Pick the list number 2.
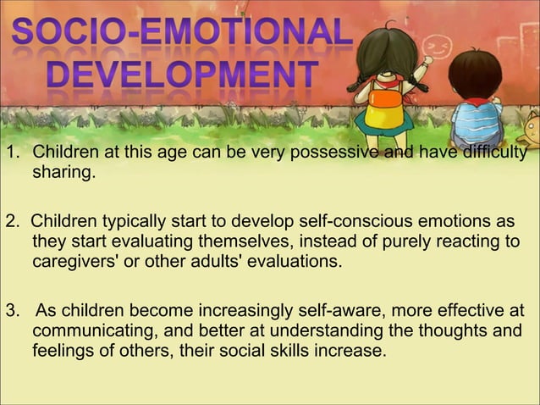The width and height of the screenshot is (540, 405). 11,222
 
